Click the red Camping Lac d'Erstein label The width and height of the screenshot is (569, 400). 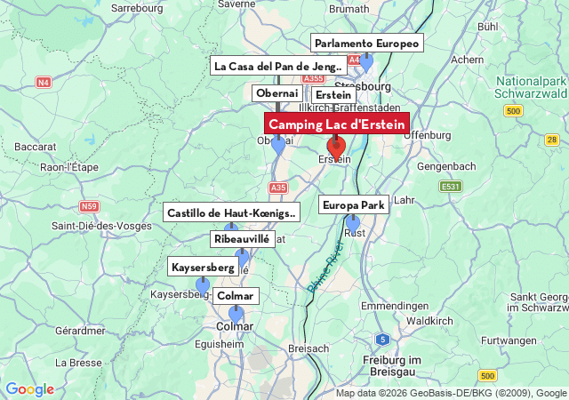(337, 124)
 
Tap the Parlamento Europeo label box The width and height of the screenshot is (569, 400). (366, 43)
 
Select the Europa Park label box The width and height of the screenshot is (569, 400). (353, 205)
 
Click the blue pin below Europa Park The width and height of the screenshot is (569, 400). (353, 222)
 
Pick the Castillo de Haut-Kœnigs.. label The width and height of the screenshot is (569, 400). (231, 212)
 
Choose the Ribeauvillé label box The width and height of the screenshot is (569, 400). (241, 239)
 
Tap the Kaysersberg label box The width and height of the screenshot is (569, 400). (203, 267)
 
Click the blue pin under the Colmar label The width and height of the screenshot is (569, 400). (236, 314)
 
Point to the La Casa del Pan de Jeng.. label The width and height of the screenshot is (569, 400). (278, 66)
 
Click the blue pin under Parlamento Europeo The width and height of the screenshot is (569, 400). (365, 61)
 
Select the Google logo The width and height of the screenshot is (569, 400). (29, 389)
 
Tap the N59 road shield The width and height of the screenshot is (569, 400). (89, 206)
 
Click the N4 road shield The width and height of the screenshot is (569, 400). (44, 83)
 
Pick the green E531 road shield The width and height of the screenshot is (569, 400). (451, 186)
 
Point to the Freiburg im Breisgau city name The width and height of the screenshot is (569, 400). (384, 365)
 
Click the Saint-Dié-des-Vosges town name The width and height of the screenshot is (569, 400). (101, 226)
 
